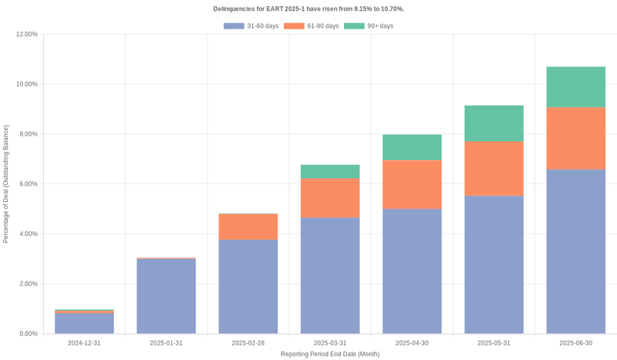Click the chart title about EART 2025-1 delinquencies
308,8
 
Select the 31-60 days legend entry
251,26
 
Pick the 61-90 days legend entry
312,26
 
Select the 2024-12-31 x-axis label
84,343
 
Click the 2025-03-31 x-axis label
330,343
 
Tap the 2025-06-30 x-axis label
575,343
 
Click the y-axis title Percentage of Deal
6,184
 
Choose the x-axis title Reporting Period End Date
330,354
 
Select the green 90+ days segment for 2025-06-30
575,87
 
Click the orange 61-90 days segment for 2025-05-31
494,169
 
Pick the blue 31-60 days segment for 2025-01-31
166,296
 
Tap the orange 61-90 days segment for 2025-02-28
248,227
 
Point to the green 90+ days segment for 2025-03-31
330,171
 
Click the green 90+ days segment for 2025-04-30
412,147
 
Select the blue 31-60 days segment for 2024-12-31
84,323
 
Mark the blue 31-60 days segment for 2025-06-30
575,251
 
